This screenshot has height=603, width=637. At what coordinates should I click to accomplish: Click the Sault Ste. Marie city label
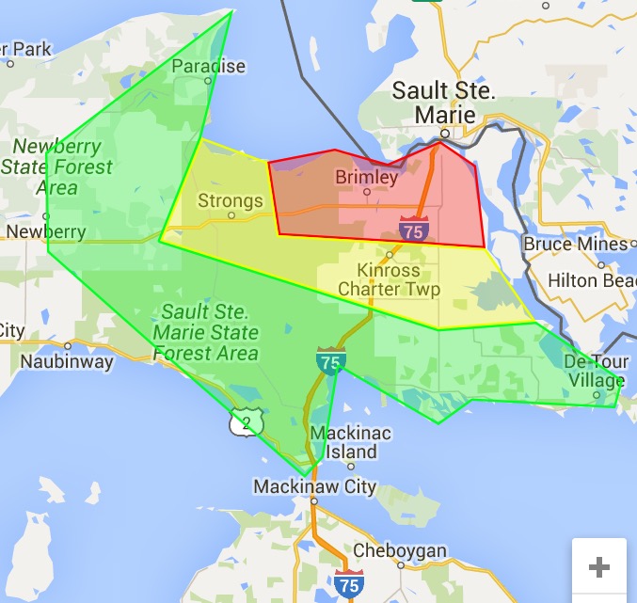(x=443, y=103)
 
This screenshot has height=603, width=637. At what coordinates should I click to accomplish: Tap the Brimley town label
(x=367, y=177)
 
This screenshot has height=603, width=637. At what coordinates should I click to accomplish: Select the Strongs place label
(x=231, y=200)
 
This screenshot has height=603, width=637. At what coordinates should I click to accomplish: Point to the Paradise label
(x=208, y=66)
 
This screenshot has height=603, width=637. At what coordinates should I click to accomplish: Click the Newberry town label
(x=45, y=231)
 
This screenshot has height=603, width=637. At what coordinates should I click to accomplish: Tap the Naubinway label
(x=67, y=360)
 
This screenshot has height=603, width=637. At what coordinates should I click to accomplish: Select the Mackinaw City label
(x=314, y=487)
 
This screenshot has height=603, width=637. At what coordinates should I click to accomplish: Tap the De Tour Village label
(x=594, y=372)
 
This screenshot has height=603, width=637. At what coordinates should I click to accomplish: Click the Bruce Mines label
(x=575, y=244)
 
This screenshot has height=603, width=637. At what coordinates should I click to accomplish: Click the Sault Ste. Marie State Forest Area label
(x=206, y=332)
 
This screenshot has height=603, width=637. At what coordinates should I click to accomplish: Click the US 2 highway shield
(x=247, y=422)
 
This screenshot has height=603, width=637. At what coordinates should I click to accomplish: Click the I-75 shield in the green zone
(x=331, y=358)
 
